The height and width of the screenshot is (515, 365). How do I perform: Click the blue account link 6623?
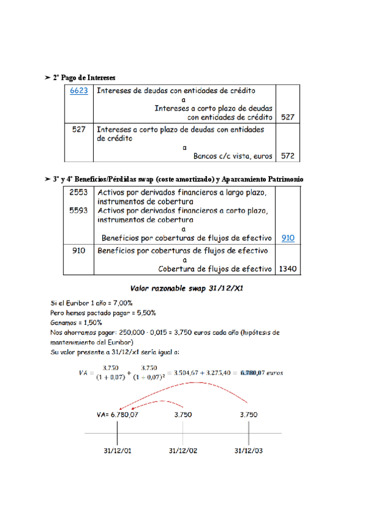(x=79, y=91)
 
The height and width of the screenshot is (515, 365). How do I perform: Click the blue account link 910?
(x=288, y=238)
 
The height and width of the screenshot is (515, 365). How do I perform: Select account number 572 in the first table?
(x=288, y=156)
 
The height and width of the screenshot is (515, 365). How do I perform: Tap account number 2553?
(x=78, y=192)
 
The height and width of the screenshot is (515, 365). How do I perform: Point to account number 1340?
(x=288, y=268)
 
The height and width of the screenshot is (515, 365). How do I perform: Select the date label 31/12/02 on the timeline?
(x=183, y=451)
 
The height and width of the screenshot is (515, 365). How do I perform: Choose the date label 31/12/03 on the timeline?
(x=249, y=451)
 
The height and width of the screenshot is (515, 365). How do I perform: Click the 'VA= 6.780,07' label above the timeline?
(x=117, y=415)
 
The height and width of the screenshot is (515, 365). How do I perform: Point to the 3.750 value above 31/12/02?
(x=184, y=415)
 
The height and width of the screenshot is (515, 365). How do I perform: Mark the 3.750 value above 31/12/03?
(x=249, y=415)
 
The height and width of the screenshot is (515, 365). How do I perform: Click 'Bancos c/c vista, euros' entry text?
(x=232, y=156)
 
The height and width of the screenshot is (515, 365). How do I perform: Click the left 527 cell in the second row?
(x=78, y=129)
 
